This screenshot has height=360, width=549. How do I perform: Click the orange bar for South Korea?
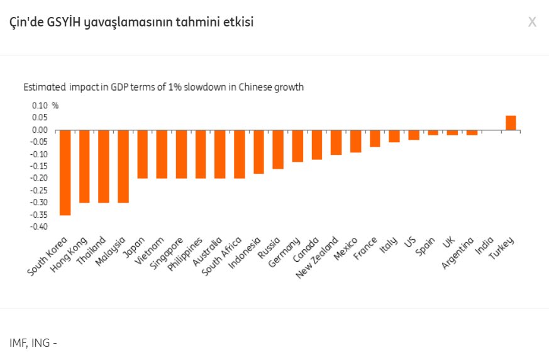65,172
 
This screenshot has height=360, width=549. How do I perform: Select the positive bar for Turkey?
511,123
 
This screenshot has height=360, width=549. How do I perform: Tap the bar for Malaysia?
123,166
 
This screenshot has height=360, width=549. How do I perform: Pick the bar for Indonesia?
258,152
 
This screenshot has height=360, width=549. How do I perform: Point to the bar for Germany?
297,146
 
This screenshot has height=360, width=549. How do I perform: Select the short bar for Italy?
394,136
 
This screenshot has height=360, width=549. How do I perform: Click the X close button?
532,23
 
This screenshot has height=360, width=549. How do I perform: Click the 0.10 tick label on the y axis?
40,106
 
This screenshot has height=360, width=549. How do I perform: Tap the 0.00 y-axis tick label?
40,130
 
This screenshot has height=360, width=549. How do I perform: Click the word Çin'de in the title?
26,23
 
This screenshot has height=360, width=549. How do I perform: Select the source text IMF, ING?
30,343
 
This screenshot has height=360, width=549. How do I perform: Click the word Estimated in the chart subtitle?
45,87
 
